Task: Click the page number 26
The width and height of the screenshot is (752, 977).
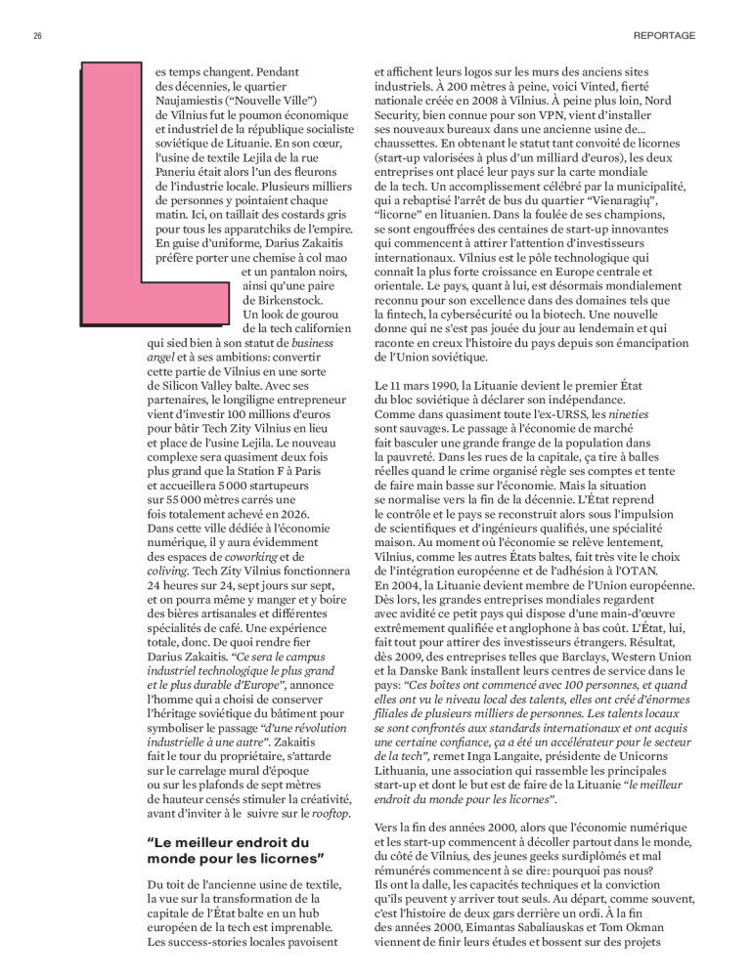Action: (36, 36)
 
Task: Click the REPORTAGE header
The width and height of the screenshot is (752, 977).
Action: (664, 36)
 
